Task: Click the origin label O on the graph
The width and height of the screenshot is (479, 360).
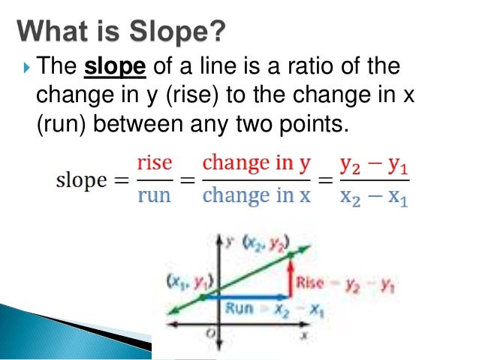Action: click(x=214, y=333)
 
